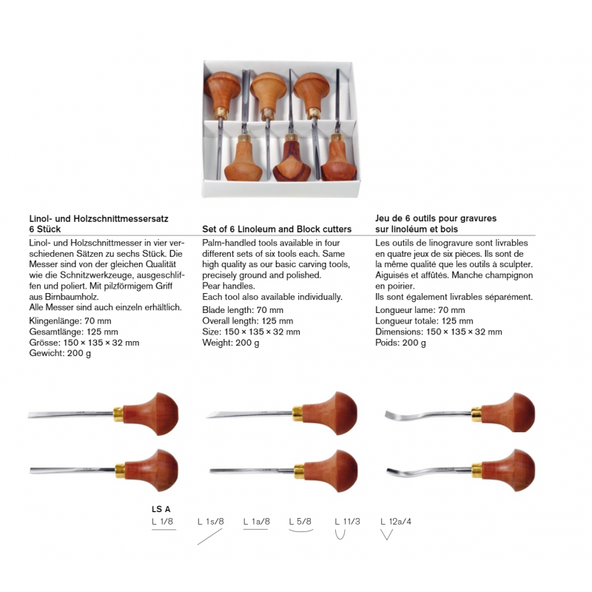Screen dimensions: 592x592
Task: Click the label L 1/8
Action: click(162, 522)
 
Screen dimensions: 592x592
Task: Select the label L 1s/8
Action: click(211, 522)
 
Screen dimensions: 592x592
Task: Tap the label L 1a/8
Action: click(257, 522)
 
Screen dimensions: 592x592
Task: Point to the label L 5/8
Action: click(300, 522)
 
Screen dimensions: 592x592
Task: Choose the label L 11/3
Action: click(347, 522)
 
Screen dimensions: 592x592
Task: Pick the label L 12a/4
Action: click(396, 522)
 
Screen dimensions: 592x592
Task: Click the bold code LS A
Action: click(161, 509)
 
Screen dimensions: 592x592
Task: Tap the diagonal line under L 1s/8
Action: click(209, 537)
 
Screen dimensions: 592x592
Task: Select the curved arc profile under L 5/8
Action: click(301, 531)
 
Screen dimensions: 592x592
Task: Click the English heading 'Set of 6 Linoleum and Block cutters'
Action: click(277, 229)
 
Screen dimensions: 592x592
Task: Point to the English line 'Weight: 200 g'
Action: click(231, 343)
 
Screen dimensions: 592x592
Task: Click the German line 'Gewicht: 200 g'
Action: click(60, 354)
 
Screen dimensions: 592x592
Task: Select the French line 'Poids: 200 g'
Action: click(400, 343)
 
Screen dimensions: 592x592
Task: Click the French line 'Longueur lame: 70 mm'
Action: click(420, 310)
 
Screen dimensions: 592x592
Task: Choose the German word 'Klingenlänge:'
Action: click(55, 321)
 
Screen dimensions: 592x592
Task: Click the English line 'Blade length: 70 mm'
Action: click(243, 310)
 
